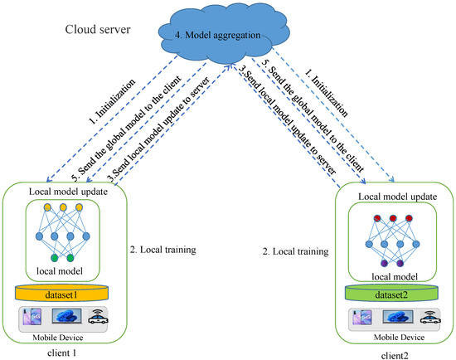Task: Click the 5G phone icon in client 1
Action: tap(35, 316)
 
